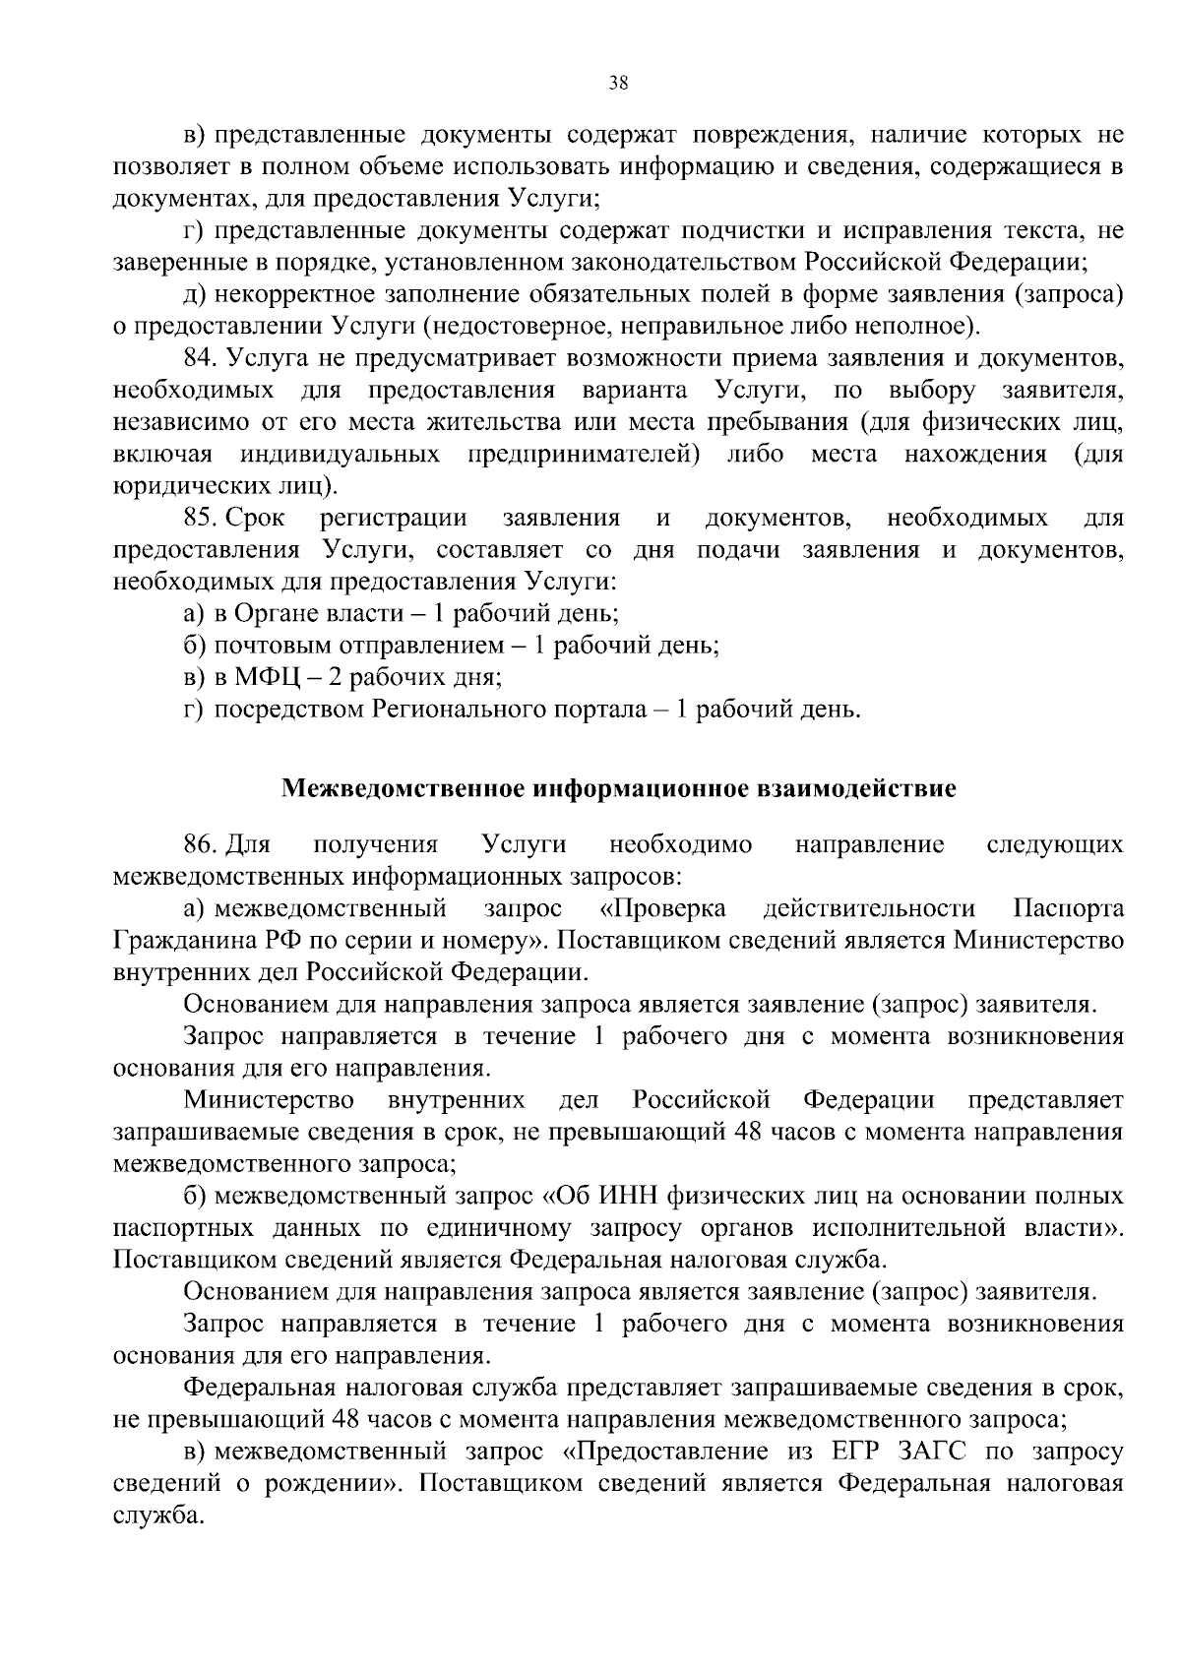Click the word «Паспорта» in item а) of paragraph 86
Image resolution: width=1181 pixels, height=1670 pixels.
[1068, 908]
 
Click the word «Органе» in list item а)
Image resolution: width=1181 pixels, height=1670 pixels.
[272, 614]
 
